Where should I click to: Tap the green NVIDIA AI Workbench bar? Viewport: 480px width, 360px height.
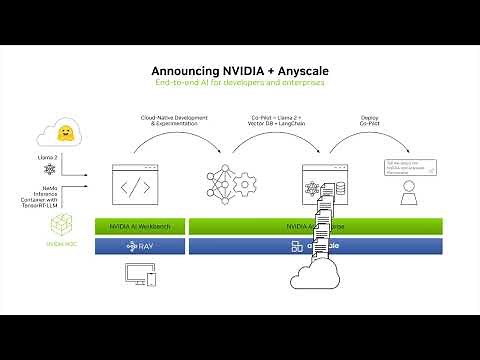[x=140, y=227]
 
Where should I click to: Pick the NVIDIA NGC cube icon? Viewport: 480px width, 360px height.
[x=61, y=226]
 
